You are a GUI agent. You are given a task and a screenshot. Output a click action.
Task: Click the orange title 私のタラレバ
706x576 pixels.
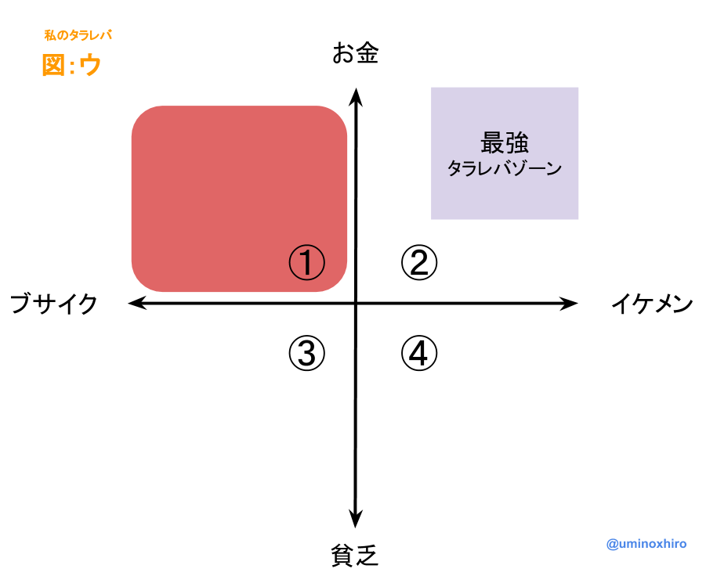pyautogui.click(x=78, y=35)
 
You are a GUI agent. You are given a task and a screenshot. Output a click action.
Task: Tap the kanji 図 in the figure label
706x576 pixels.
pyautogui.click(x=53, y=65)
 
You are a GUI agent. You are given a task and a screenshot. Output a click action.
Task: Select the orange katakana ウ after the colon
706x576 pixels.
pyautogui.click(x=90, y=65)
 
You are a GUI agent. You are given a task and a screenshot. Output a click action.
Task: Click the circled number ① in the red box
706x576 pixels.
pyautogui.click(x=306, y=262)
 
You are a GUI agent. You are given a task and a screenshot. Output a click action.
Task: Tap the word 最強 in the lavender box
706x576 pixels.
pyautogui.click(x=505, y=143)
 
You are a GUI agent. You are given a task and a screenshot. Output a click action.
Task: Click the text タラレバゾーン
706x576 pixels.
pyautogui.click(x=505, y=168)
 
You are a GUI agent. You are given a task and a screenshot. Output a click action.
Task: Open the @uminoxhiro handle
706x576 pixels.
pyautogui.click(x=646, y=544)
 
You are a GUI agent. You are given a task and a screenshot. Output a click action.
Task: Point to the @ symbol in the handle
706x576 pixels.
pyautogui.click(x=613, y=544)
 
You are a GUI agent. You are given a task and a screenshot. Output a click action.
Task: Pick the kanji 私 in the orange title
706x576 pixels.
pyautogui.click(x=49, y=35)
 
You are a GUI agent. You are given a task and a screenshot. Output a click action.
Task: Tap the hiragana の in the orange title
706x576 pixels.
pyautogui.click(x=61, y=35)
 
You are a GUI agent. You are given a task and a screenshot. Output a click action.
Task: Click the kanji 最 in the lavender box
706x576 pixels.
pyautogui.click(x=492, y=143)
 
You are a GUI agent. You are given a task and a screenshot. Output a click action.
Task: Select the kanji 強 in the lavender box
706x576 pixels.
pyautogui.click(x=517, y=143)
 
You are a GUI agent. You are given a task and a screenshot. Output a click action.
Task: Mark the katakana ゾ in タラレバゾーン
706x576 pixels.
pyautogui.click(x=520, y=168)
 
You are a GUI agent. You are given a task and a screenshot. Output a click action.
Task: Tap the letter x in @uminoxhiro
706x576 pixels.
pyautogui.click(x=654, y=544)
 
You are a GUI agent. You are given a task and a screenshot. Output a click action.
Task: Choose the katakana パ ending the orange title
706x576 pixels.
pyautogui.click(x=106, y=35)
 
